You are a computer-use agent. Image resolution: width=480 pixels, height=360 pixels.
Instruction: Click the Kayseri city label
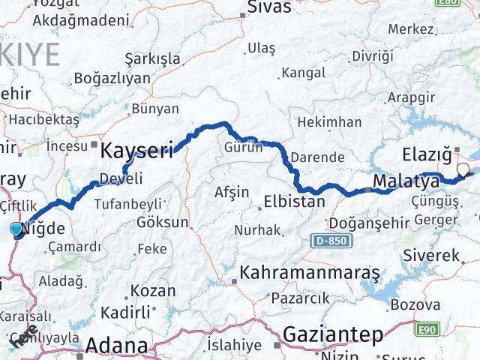pos(137,150)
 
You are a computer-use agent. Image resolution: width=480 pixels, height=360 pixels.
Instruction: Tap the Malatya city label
pos(406,181)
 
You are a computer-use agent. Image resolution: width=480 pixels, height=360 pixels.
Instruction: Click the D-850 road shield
pos(328,241)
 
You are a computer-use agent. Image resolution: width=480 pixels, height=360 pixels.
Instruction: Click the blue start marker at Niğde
pos(17,229)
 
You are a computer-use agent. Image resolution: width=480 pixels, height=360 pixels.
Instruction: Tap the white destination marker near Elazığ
pos(463,170)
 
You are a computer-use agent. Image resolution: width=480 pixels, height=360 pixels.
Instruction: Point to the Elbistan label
pos(295,201)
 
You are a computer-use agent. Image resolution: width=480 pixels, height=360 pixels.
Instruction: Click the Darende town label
pos(318,157)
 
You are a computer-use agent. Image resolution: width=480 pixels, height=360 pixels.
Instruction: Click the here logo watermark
pos(24,337)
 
